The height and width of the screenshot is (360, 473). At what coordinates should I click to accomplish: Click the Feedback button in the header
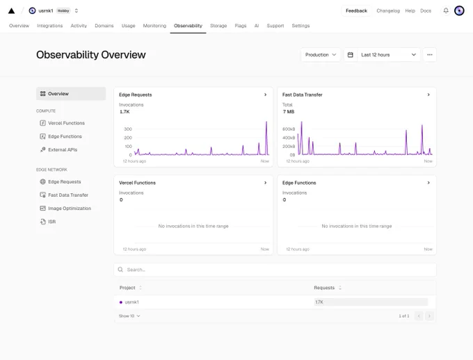point(356,11)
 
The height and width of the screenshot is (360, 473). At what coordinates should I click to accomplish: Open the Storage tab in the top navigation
point(218,26)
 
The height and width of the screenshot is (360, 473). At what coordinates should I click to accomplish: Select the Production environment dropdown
point(321,55)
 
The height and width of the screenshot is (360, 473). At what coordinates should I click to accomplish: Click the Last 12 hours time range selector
point(382,55)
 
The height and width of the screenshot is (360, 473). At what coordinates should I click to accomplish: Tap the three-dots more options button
point(430,55)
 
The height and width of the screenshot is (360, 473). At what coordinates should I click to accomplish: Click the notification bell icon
point(446,11)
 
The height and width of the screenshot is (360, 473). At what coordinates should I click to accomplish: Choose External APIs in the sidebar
point(63,149)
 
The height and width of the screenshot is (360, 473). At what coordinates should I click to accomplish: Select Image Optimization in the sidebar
point(70,208)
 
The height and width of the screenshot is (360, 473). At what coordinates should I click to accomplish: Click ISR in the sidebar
point(52,222)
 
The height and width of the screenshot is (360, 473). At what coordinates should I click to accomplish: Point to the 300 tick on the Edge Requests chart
point(128,129)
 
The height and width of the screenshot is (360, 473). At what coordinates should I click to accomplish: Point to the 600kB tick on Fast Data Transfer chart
point(289,129)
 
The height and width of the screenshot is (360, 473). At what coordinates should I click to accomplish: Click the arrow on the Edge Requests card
point(266,95)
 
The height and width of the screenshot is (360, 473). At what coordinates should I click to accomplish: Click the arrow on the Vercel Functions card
point(266,183)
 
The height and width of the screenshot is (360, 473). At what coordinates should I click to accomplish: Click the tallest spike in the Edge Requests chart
point(266,122)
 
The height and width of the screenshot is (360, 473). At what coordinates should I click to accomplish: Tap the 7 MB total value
point(289,112)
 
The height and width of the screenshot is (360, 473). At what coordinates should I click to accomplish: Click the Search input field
point(275,270)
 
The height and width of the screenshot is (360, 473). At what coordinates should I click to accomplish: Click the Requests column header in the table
point(324,288)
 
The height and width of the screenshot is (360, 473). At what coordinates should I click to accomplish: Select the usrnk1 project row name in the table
point(132,302)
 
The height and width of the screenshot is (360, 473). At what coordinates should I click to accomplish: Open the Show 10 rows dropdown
point(129,316)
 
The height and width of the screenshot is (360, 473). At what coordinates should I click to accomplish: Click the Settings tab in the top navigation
point(300,26)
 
